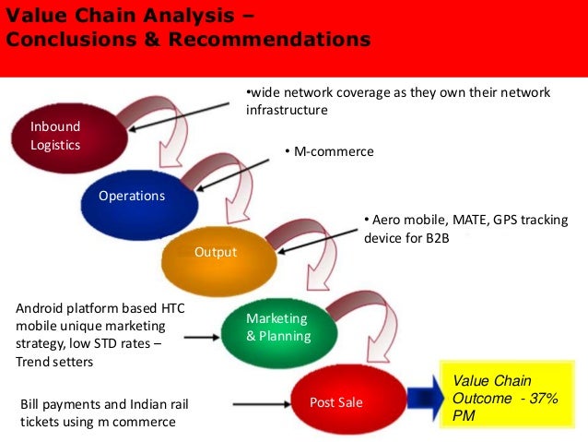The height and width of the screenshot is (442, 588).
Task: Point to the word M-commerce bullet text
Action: pos(333,151)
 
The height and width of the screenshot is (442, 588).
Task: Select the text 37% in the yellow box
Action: pos(547,399)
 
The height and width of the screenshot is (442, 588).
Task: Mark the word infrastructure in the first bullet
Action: pos(287,110)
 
